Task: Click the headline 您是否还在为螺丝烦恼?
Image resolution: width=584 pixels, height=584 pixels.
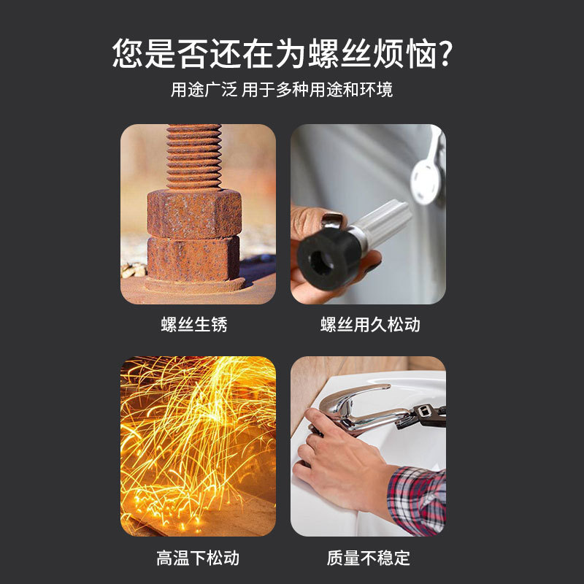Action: (x=283, y=53)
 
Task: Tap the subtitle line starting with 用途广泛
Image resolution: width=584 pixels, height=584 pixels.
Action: (x=282, y=90)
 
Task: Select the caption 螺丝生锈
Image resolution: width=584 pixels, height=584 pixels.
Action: (x=194, y=324)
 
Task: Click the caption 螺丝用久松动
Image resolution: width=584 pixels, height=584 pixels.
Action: (x=370, y=324)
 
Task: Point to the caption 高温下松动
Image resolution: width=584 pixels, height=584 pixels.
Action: (x=198, y=558)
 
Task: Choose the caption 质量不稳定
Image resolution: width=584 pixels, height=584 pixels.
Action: (x=369, y=558)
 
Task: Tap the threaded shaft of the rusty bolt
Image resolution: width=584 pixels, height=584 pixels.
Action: (x=193, y=157)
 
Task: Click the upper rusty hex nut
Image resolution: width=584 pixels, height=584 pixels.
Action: (x=194, y=213)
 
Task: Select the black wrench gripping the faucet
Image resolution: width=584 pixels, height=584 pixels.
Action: (x=423, y=417)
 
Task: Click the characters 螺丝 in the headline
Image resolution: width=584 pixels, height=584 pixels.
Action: (x=340, y=53)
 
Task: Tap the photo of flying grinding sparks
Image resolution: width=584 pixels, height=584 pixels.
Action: (x=198, y=446)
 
